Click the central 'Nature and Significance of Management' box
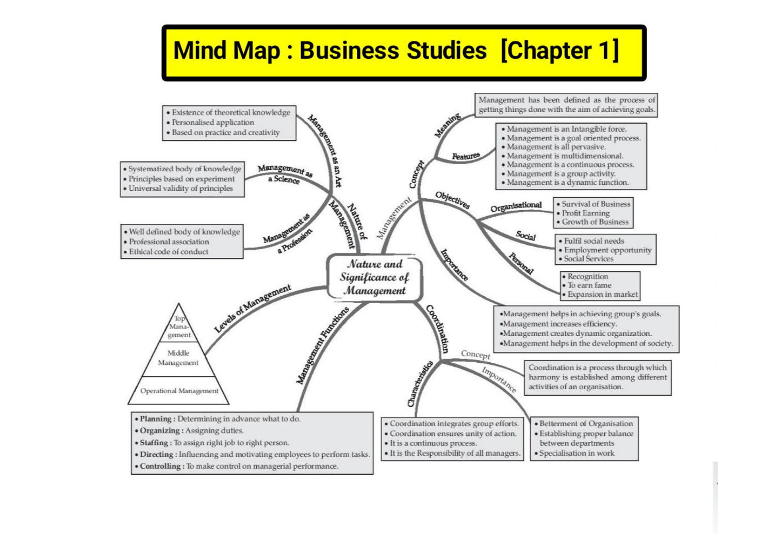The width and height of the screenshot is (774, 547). (375, 277)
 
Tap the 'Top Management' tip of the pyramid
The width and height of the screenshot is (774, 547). (179, 327)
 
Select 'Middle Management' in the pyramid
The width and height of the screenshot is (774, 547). (178, 358)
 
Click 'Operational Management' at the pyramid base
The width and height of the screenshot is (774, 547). (179, 391)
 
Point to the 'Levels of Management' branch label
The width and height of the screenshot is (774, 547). (253, 308)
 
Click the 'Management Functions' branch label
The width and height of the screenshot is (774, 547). (323, 345)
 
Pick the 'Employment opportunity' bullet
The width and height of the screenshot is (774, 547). (607, 250)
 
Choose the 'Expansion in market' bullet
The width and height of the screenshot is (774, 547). (602, 294)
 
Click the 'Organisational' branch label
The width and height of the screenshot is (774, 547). (516, 206)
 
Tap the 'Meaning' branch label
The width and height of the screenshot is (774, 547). (447, 126)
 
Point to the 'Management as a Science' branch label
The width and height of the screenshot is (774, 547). (285, 174)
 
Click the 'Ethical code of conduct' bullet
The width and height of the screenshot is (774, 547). (169, 252)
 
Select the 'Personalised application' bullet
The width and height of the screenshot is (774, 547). (212, 122)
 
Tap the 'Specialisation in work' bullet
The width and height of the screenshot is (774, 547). (577, 453)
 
